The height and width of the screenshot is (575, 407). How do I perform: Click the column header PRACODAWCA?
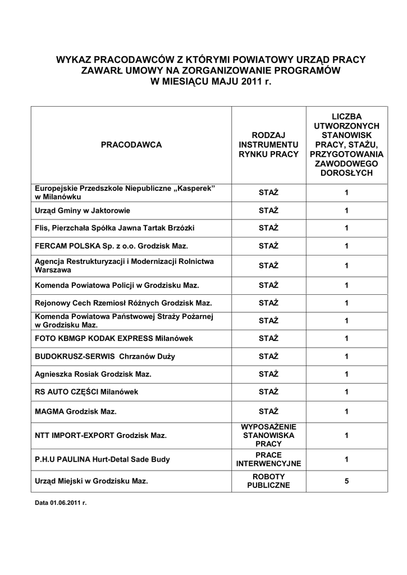(x=131, y=145)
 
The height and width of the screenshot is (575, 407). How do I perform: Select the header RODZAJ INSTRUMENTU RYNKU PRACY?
(x=268, y=145)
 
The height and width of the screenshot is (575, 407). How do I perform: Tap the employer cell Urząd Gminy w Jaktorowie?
(x=83, y=211)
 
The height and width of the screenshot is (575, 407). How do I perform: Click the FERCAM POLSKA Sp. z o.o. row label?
(x=111, y=246)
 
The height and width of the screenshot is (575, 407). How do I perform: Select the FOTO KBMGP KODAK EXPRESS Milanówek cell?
(x=113, y=338)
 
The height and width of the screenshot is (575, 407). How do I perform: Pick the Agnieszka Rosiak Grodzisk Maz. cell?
(x=93, y=374)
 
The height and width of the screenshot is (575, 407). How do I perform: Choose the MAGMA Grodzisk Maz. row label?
(x=76, y=412)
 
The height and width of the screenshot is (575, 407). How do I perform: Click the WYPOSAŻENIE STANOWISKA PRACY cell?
(x=268, y=435)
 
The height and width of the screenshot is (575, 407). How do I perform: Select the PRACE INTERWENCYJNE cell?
(x=268, y=459)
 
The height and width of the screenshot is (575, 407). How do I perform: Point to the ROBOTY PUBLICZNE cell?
(x=268, y=481)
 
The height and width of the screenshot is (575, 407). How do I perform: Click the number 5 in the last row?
(x=346, y=481)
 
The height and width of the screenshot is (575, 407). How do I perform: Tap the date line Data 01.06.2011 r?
(x=61, y=503)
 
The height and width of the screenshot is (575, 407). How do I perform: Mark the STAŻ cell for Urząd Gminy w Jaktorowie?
(x=268, y=211)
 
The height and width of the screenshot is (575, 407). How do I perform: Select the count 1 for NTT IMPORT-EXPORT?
(x=346, y=435)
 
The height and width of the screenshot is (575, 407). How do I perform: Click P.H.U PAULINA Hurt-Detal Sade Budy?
(x=102, y=459)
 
